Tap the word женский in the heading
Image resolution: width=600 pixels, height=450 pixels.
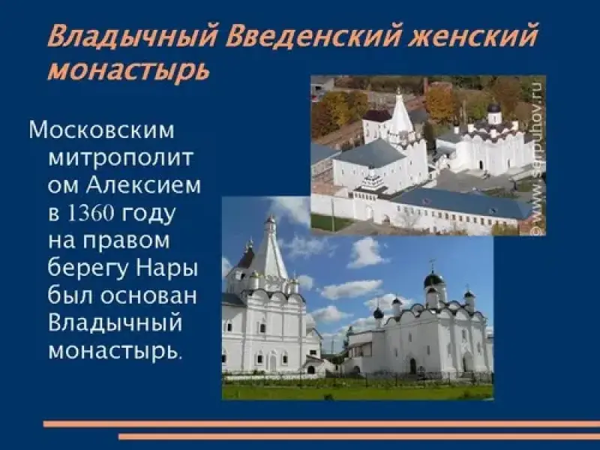473,35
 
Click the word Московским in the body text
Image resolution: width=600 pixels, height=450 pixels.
101,130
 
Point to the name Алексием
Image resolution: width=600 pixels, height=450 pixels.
143,185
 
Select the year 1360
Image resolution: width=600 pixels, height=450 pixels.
91,213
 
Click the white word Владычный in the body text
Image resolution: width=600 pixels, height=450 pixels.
115,323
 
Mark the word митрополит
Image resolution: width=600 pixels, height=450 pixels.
121,157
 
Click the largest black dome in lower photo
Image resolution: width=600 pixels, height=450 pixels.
433,279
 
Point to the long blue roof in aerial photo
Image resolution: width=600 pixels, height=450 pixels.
459,202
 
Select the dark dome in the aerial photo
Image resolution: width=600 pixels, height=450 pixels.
494,107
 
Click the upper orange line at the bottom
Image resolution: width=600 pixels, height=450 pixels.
322,424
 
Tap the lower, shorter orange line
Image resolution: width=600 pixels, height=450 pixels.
359,436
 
